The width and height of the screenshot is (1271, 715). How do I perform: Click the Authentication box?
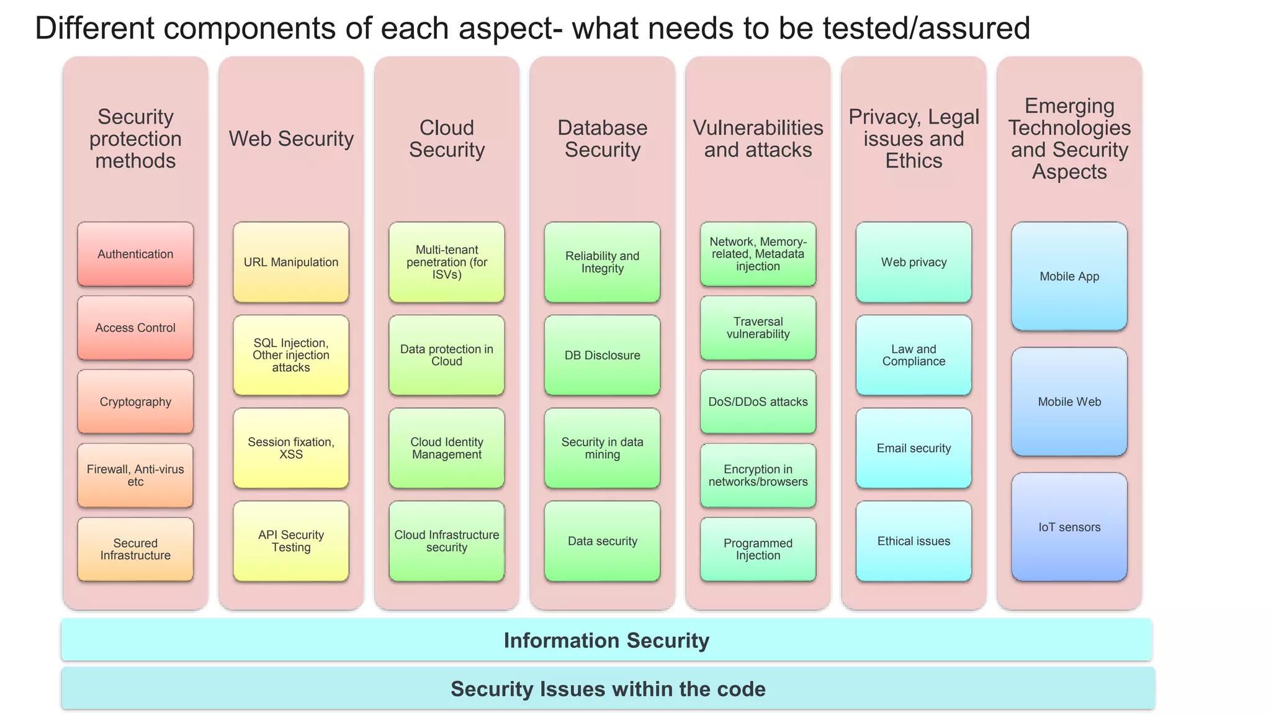(x=135, y=254)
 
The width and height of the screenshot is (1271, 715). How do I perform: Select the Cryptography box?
(x=135, y=402)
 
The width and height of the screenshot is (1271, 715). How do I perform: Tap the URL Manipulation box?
(x=291, y=262)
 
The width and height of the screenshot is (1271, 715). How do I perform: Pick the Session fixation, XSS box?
(x=291, y=448)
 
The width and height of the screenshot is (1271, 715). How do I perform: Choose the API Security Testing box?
(x=291, y=541)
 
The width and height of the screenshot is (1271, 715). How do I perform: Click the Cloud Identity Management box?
(x=447, y=448)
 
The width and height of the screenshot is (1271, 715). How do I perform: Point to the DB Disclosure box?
(x=602, y=355)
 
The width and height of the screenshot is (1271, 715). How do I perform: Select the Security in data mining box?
(x=602, y=448)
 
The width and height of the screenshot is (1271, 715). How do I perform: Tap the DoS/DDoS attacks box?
(x=758, y=402)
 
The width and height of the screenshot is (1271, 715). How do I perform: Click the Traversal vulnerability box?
(x=758, y=328)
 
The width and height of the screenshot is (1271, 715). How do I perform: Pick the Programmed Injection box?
(x=758, y=549)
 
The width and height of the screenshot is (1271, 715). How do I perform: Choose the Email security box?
(x=914, y=448)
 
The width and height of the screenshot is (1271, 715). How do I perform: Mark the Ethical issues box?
(x=914, y=541)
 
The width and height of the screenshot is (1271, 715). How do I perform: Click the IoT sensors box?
(x=1069, y=527)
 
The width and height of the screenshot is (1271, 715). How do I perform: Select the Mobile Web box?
(x=1069, y=402)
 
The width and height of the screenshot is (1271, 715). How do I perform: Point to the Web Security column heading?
(x=291, y=138)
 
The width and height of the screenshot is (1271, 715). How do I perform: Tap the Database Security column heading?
(x=602, y=138)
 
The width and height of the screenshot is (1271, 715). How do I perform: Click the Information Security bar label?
(x=606, y=641)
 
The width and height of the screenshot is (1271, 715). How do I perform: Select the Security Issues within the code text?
(x=608, y=689)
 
